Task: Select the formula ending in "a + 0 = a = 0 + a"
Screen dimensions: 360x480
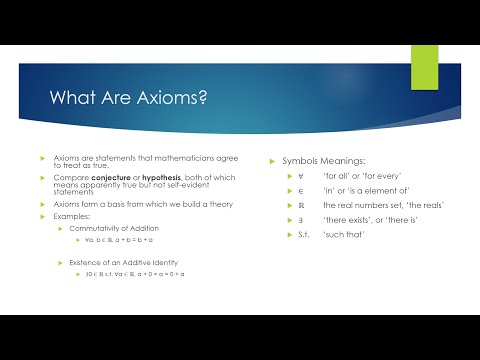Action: (x=139, y=274)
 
